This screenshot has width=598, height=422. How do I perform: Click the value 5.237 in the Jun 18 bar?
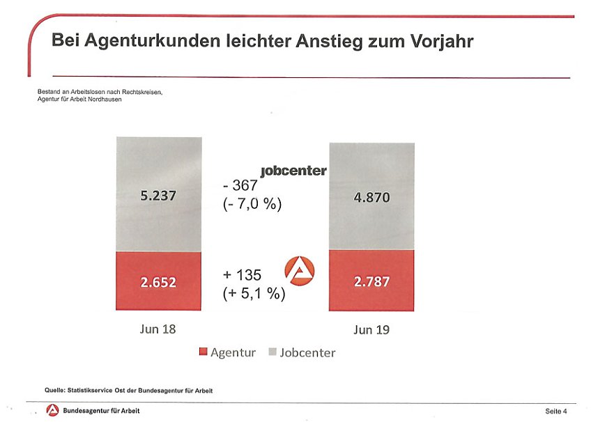click(158, 196)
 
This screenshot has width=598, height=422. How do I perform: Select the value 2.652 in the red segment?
click(158, 282)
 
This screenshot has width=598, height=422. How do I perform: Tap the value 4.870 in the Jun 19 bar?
click(371, 198)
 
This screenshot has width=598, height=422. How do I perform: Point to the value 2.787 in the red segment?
click(371, 282)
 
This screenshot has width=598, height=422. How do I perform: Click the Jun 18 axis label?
click(158, 329)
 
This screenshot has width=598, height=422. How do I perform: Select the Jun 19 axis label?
click(371, 329)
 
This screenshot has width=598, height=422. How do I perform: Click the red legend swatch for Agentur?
click(203, 353)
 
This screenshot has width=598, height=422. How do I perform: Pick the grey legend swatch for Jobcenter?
click(273, 353)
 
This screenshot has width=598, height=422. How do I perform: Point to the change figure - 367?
click(240, 186)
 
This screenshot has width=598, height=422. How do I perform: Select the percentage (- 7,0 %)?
click(252, 205)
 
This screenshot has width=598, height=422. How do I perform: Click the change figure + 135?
click(242, 275)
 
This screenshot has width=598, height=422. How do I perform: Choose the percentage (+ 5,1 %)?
click(254, 294)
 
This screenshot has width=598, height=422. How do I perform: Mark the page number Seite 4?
click(555, 412)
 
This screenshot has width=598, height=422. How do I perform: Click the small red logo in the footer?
click(52, 411)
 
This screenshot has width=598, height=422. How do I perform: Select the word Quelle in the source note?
click(55, 391)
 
